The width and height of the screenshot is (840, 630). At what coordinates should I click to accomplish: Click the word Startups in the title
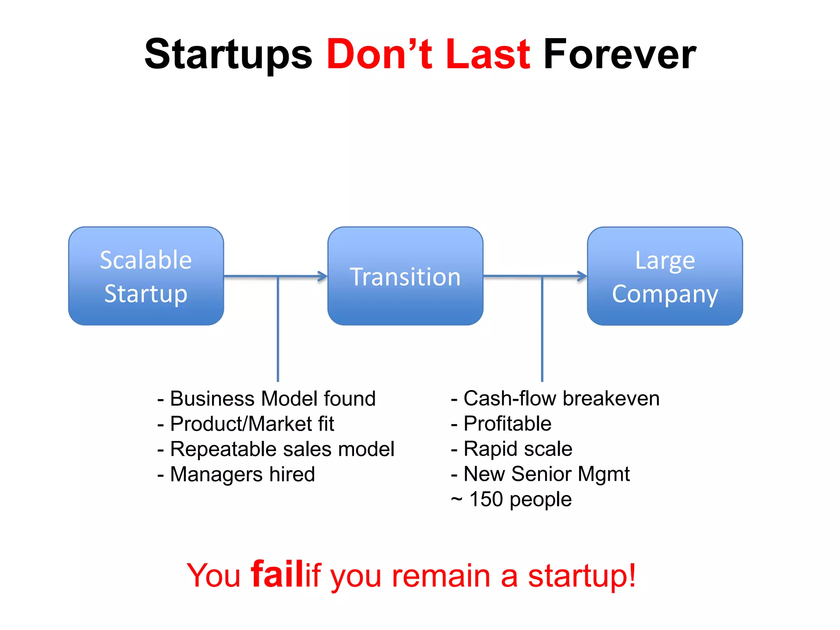[x=228, y=55]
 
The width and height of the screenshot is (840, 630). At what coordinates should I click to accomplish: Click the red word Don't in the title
[x=379, y=54]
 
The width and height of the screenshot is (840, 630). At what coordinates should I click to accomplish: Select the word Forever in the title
[x=619, y=54]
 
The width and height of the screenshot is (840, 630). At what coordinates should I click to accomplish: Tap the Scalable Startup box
[x=146, y=276]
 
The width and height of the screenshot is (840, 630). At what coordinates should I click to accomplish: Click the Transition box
[x=405, y=276]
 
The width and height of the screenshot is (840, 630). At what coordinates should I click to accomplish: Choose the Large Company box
[x=665, y=276]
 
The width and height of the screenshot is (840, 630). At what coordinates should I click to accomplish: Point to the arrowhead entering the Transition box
[x=323, y=276]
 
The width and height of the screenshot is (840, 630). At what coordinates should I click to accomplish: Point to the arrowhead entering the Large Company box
[x=582, y=276]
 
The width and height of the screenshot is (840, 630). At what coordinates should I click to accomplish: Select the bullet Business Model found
[x=272, y=399]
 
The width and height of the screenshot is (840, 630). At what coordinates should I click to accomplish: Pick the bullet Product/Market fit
[x=252, y=424]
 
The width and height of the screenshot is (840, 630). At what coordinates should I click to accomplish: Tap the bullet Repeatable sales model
[x=282, y=449]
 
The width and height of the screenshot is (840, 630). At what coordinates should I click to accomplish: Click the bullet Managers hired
[x=242, y=475]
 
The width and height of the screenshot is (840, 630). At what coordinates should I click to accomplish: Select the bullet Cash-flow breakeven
[x=561, y=399]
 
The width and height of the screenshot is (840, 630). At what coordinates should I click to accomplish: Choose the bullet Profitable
[x=507, y=424]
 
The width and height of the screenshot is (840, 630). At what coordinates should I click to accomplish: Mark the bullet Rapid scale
[x=518, y=449]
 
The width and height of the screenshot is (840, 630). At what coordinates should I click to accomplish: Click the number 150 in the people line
[x=486, y=500]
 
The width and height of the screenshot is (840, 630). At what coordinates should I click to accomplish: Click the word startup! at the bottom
[x=582, y=575]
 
